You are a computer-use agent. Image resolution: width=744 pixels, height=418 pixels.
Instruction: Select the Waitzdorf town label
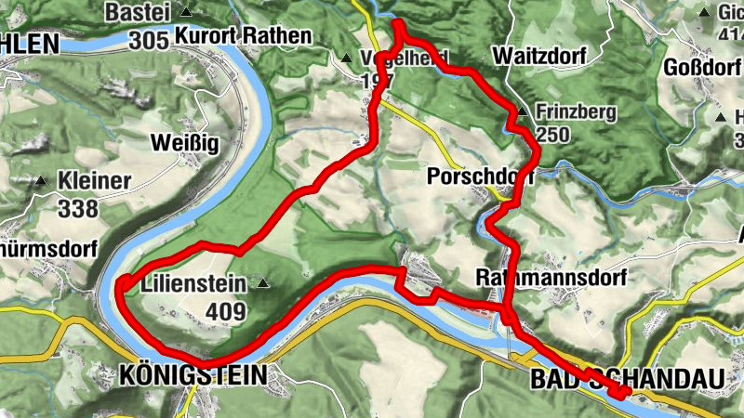click(540, 55)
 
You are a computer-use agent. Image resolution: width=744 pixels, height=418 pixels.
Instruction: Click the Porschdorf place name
click(471, 176)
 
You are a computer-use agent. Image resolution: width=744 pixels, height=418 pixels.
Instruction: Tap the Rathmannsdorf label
click(551, 278)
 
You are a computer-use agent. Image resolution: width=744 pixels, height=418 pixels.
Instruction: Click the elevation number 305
click(149, 40)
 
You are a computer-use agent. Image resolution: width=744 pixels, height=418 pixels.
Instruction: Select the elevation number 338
click(78, 208)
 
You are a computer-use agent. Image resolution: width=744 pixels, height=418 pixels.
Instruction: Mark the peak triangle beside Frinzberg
click(522, 112)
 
